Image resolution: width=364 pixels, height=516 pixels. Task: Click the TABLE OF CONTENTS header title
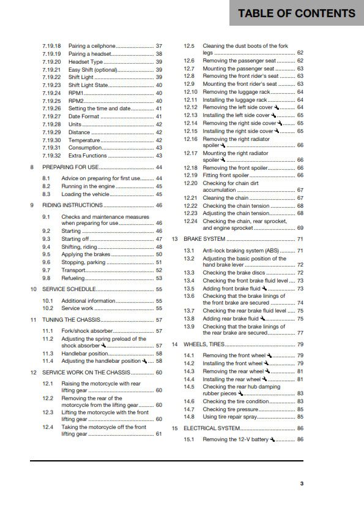click(x=297, y=13)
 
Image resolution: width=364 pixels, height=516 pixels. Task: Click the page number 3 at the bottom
click(x=301, y=484)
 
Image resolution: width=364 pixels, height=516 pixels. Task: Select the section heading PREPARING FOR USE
click(x=70, y=167)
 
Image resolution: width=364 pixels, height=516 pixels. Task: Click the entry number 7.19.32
click(x=51, y=156)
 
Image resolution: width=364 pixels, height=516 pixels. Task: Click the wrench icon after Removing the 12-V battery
click(x=272, y=440)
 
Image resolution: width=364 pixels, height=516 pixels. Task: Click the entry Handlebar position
click(x=85, y=354)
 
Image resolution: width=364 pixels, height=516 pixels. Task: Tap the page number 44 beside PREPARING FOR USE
click(x=158, y=167)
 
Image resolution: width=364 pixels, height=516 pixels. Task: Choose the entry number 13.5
click(x=189, y=288)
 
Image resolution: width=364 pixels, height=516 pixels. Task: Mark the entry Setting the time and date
click(x=99, y=108)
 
